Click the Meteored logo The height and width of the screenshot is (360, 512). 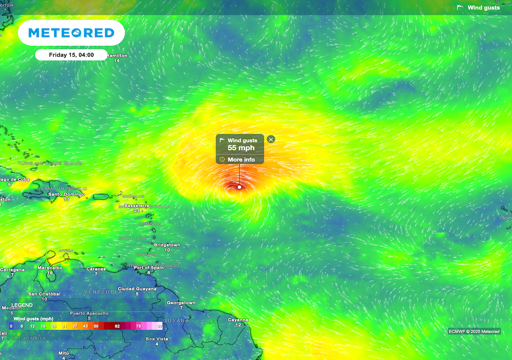click(71, 33)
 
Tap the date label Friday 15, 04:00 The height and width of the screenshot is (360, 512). click(71, 55)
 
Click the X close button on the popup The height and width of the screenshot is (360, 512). click(271, 139)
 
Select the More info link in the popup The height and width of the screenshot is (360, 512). click(241, 160)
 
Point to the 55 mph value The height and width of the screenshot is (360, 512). click(241, 148)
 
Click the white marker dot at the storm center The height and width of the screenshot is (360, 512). click(240, 187)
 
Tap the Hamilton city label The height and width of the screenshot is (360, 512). click(117, 56)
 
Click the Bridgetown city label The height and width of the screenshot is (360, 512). click(167, 245)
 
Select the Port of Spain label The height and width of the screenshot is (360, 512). click(148, 268)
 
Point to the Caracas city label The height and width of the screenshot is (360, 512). click(96, 269)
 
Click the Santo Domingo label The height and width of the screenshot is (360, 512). click(66, 194)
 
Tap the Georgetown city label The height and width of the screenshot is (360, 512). click(181, 303)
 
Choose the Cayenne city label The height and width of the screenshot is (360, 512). click(238, 320)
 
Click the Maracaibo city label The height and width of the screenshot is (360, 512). click(50, 268)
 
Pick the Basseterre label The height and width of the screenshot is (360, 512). click(137, 206)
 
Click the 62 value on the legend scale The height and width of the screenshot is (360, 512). click(117, 326)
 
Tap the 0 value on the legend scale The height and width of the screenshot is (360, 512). click(11, 326)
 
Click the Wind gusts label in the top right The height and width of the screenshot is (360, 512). click(483, 8)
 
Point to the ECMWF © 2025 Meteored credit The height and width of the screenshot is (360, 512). click(474, 332)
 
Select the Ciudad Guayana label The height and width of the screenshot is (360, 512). click(137, 289)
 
